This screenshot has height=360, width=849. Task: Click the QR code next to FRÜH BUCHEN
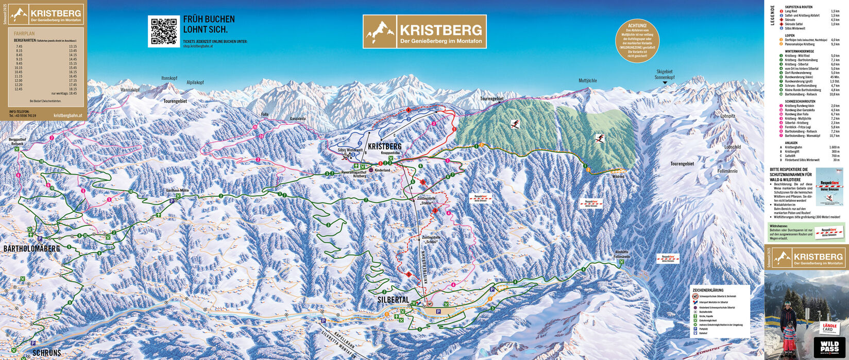click(x=164, y=31)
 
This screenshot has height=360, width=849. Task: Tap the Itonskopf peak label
click(x=169, y=78)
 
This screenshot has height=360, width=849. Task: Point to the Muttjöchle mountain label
click(x=587, y=81)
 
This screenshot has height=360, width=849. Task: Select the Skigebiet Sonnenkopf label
click(x=664, y=75)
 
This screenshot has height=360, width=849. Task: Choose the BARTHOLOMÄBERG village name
click(x=31, y=249)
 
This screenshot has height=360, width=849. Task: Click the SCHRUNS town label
click(x=46, y=353)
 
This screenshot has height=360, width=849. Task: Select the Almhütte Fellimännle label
click(x=622, y=254)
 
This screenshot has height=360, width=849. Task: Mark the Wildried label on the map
click(x=618, y=177)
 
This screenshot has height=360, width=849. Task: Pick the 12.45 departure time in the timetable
click(x=19, y=89)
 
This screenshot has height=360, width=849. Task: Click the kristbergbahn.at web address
click(x=67, y=116)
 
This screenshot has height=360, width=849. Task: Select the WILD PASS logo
click(x=830, y=347)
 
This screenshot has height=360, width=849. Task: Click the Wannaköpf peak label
click(x=130, y=90)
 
